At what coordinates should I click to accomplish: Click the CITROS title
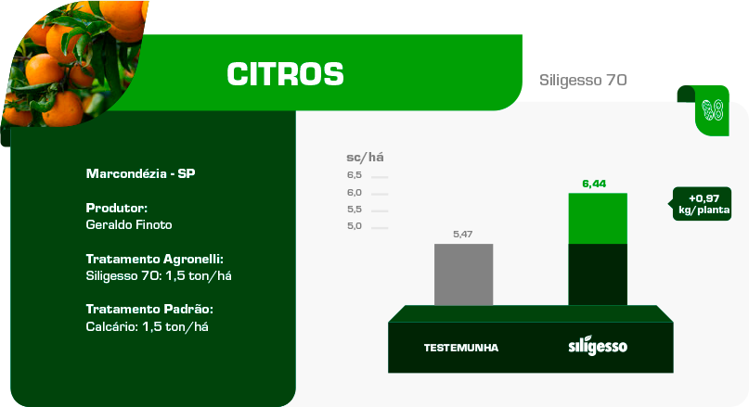coord(285,74)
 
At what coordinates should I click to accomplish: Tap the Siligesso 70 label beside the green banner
coord(583,80)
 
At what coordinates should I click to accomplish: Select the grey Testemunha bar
coord(463,274)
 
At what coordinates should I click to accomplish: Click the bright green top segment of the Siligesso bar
coord(598,219)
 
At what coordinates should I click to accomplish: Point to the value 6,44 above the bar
coord(594,184)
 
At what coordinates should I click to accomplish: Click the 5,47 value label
coord(462,235)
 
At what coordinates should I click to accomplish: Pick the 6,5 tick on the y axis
coord(355,175)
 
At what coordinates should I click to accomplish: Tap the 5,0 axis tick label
coord(355,226)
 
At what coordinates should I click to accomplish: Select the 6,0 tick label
coord(355,193)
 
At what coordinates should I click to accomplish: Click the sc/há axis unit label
coord(365,158)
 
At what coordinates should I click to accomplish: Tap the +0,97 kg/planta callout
coord(702,204)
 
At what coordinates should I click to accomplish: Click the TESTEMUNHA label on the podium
coord(461,348)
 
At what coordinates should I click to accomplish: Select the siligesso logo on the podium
coord(598,346)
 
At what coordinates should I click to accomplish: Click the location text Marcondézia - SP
coord(140,173)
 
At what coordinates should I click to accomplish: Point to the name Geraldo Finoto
coord(129,224)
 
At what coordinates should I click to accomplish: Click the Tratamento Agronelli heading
coord(155,259)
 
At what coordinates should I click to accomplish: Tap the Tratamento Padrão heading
coord(149,309)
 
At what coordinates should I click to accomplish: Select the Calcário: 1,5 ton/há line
coord(148,327)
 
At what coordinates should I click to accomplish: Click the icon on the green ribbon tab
coord(712,110)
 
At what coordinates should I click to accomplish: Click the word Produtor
coord(117,208)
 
